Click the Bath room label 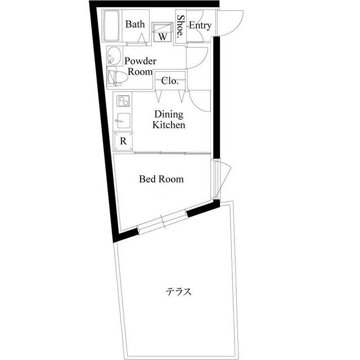click(135, 24)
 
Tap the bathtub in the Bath click(111, 25)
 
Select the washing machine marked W click(163, 32)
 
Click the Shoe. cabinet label click(181, 26)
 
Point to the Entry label click(200, 25)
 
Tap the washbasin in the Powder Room click(114, 56)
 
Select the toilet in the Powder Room click(118, 78)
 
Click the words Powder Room click(140, 66)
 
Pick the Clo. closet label click(170, 81)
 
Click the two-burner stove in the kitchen click(124, 101)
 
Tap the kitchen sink click(123, 120)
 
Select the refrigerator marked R click(123, 141)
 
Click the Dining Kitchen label click(169, 119)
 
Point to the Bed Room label click(161, 179)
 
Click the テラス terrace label click(178, 291)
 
